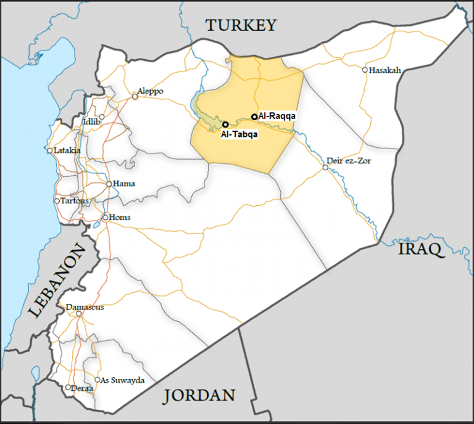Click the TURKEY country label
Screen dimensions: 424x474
pyautogui.click(x=241, y=25)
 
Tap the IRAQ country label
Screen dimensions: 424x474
pyautogui.click(x=421, y=249)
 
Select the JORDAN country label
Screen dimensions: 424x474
pyautogui.click(x=199, y=395)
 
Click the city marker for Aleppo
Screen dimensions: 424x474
pyautogui.click(x=135, y=96)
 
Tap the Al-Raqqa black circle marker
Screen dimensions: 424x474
pyautogui.click(x=254, y=116)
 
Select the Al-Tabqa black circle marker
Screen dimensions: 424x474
pyautogui.click(x=225, y=124)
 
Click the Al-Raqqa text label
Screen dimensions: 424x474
pyautogui.click(x=278, y=116)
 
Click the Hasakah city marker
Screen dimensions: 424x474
pyautogui.click(x=365, y=70)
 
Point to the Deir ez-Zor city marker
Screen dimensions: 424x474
pyautogui.click(x=325, y=167)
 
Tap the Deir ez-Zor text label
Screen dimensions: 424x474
pyautogui.click(x=350, y=161)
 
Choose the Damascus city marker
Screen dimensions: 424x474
pyautogui.click(x=79, y=314)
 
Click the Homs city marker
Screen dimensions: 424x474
pyautogui.click(x=105, y=217)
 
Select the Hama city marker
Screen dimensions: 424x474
pyautogui.click(x=109, y=184)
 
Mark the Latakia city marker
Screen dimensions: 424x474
pyautogui.click(x=49, y=150)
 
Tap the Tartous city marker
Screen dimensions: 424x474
pyautogui.click(x=57, y=201)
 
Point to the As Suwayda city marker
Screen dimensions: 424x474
pyautogui.click(x=97, y=380)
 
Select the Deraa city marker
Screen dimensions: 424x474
pyautogui.click(x=68, y=388)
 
